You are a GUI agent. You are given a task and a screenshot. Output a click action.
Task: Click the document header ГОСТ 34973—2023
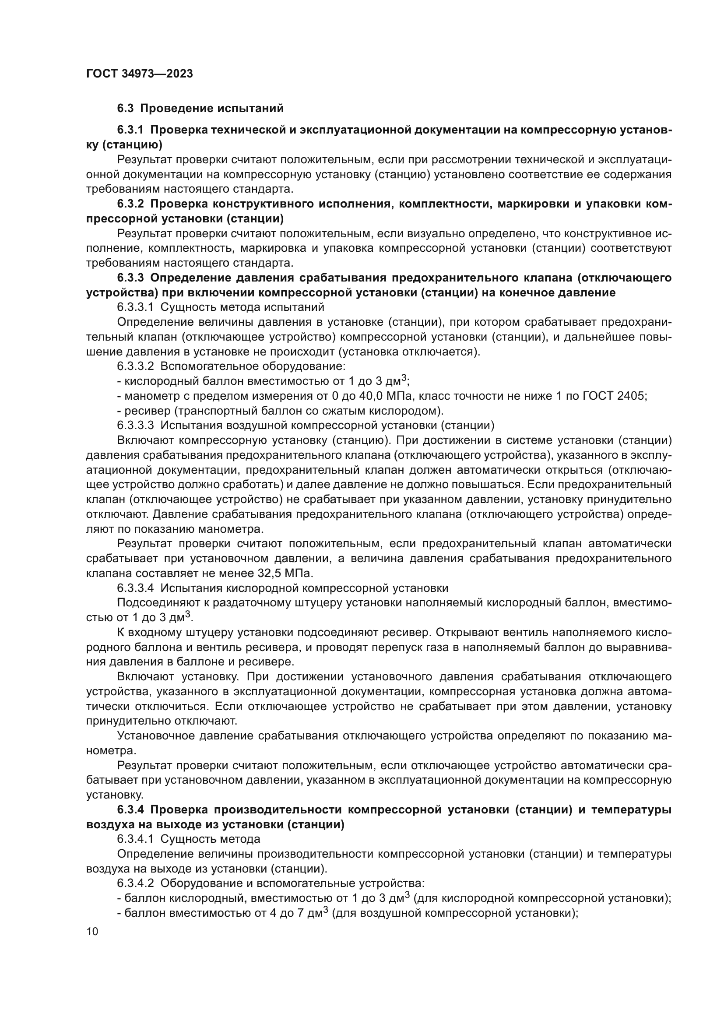click(x=140, y=74)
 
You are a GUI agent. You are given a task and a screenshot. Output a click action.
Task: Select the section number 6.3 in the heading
click(x=126, y=109)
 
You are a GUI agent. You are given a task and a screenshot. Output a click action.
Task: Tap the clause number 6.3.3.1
click(x=136, y=307)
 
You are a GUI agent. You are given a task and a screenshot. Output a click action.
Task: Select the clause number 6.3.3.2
click(x=136, y=366)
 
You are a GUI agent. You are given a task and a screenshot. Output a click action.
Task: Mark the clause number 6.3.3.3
click(x=136, y=426)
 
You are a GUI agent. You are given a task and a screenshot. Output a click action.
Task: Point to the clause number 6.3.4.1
click(x=136, y=839)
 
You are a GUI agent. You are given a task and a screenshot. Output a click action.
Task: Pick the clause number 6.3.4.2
click(x=136, y=883)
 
